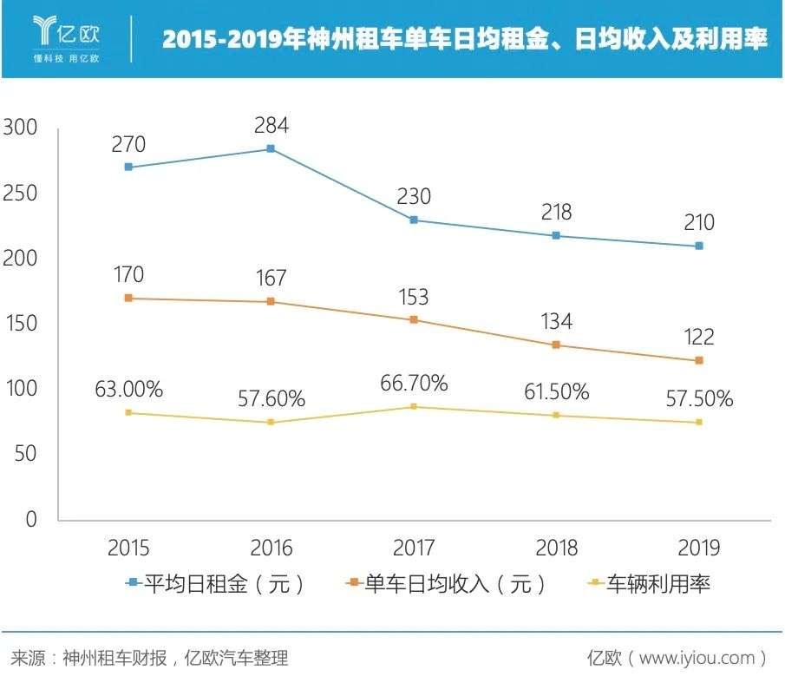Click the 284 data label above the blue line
(x=271, y=125)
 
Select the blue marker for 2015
(x=128, y=167)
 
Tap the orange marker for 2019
(x=698, y=360)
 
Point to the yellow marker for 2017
(x=414, y=406)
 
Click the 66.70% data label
(x=414, y=382)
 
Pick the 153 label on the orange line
(x=413, y=297)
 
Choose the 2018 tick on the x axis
(x=556, y=548)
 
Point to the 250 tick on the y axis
(x=21, y=194)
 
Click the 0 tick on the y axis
(x=31, y=519)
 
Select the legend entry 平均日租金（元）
(x=217, y=584)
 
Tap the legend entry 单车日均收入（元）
(x=446, y=584)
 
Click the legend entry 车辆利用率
(x=651, y=584)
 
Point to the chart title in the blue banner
(x=464, y=40)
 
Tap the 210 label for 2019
(x=698, y=223)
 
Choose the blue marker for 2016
(x=271, y=148)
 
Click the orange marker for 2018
(x=556, y=345)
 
